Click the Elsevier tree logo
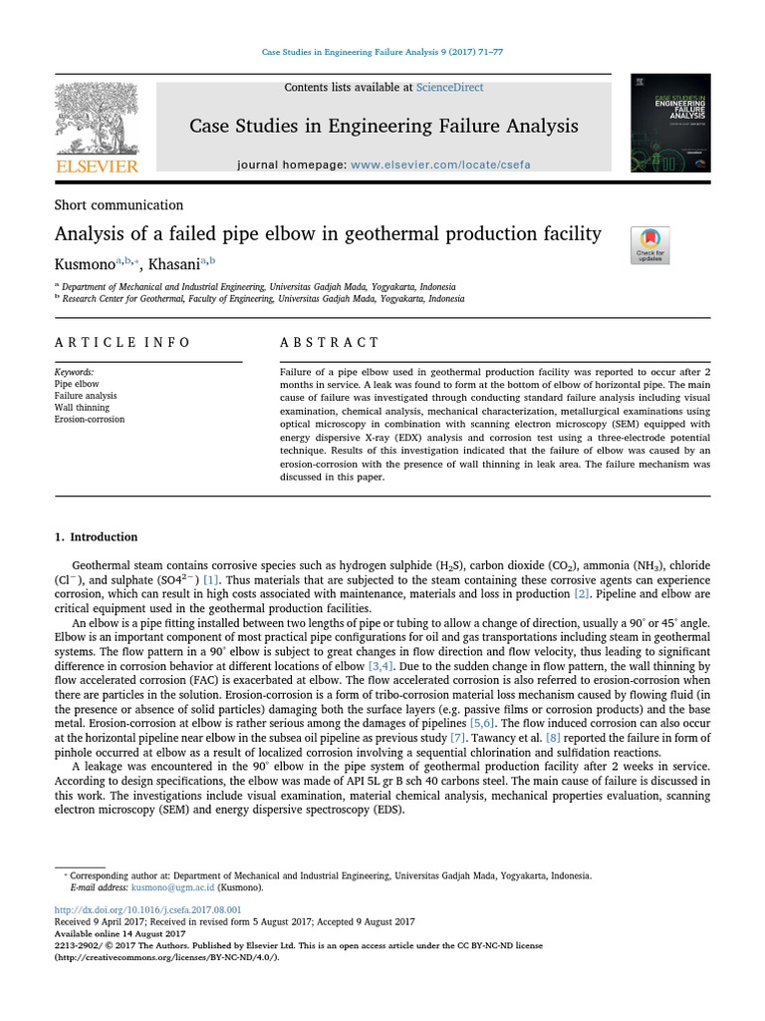click(96, 117)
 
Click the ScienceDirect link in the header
click(449, 88)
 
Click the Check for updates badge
click(650, 244)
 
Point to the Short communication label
click(119, 204)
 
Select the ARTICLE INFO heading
click(123, 342)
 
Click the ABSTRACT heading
click(330, 342)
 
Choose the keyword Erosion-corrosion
click(90, 419)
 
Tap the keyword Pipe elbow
click(77, 383)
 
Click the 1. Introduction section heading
click(97, 536)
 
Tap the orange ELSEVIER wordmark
click(96, 167)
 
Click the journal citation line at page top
click(382, 51)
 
